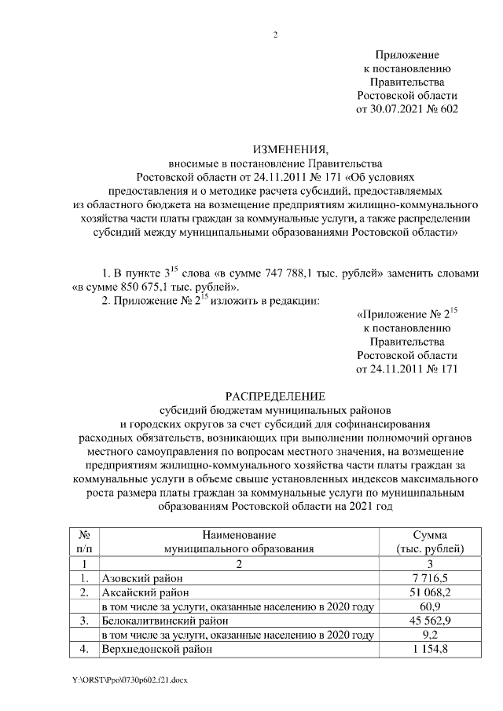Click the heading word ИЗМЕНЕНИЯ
[288, 149]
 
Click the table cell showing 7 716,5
[430, 577]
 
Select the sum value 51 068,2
[430, 592]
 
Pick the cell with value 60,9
[430, 607]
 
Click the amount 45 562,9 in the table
[430, 621]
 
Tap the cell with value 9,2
[430, 635]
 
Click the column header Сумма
[430, 533]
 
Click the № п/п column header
[83, 541]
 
